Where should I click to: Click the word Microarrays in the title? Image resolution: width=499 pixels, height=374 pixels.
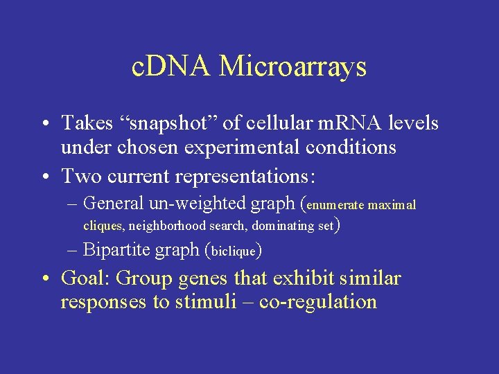click(292, 67)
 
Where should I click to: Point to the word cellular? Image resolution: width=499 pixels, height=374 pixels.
click(278, 123)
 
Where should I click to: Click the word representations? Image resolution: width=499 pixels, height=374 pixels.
click(247, 176)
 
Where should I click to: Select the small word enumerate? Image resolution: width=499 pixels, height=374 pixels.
click(335, 206)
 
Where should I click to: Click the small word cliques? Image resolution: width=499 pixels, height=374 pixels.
click(104, 226)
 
